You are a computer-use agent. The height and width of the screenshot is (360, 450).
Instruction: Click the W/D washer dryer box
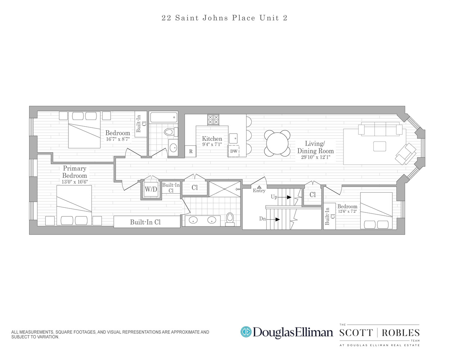pos(151,189)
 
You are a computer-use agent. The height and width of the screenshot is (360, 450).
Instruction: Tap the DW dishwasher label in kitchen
pos(234,151)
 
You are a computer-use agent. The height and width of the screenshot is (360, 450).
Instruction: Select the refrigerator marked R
pos(190,152)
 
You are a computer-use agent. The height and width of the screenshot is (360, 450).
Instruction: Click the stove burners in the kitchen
pos(213,120)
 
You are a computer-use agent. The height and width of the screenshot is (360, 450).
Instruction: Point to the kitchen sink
pos(234,138)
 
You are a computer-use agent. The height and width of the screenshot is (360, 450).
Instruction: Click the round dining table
pos(277,143)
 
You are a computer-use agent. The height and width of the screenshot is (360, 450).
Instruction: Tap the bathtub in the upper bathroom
pos(164,117)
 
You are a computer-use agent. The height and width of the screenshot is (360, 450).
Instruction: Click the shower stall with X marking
pos(225,189)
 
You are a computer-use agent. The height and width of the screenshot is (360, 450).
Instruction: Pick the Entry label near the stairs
pos(259,190)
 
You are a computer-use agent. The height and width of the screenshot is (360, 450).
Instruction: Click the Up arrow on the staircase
pos(289,197)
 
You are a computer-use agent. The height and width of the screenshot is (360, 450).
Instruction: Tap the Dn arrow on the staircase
pos(277,219)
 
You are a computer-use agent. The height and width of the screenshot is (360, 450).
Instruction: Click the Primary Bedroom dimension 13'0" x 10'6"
pos(75,182)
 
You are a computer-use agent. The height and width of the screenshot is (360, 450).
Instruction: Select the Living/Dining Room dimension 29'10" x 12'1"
pos(315,157)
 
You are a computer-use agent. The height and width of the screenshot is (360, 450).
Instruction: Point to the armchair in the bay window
pos(406,154)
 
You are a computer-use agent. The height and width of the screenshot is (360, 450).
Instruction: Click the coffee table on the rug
pos(379,146)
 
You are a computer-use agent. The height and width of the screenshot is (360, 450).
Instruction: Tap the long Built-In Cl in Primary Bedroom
pos(147,222)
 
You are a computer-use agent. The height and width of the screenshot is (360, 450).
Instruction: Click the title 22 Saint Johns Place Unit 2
pos(225,18)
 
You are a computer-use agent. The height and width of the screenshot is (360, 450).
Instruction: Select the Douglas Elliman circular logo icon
pos(246,332)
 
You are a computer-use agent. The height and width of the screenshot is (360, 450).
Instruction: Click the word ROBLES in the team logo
pos(400,333)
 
